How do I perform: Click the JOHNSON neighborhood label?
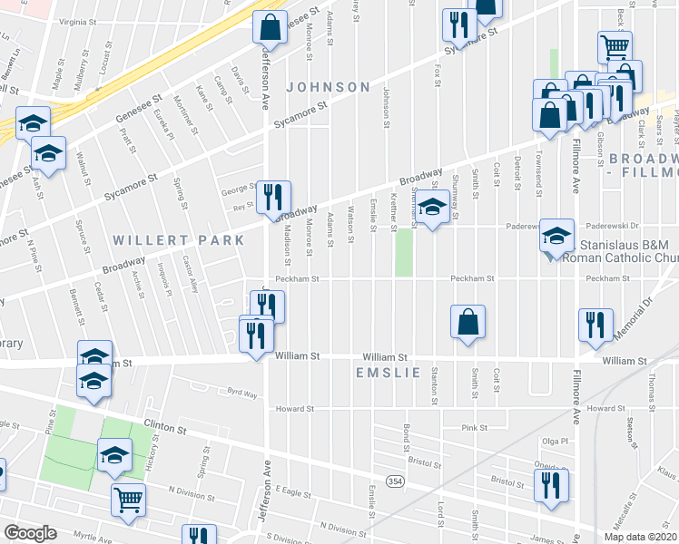click(329, 87)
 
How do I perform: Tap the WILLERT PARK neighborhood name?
click(179, 240)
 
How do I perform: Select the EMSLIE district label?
click(389, 373)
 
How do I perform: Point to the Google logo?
click(30, 533)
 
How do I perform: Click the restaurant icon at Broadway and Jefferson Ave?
click(273, 197)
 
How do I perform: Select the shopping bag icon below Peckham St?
click(467, 322)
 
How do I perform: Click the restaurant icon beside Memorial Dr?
click(595, 325)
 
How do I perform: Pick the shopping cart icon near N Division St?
click(129, 499)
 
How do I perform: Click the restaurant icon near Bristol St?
click(551, 486)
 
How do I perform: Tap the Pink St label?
click(475, 427)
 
